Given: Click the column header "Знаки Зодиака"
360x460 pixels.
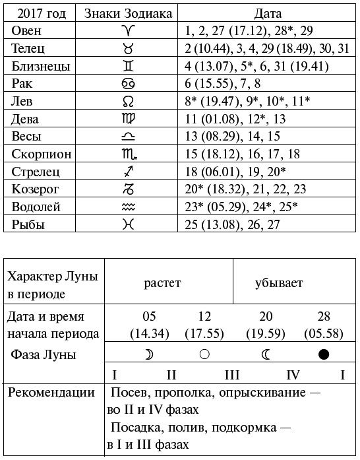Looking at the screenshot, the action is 126,13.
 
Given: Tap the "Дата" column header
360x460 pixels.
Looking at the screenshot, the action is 268,13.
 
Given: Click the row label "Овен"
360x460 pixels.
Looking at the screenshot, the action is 26,31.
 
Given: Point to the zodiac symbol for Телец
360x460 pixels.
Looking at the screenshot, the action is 126,49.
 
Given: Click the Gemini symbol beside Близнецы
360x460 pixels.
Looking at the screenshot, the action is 126,66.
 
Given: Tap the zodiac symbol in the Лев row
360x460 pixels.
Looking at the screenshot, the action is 126,102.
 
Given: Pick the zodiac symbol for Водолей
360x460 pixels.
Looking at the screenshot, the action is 126,207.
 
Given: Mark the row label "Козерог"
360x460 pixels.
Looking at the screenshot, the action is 37,189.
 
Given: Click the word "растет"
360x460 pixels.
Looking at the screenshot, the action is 163,284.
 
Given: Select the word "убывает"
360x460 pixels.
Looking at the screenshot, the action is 279,284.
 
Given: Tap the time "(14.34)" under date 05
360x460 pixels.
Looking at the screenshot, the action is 149,333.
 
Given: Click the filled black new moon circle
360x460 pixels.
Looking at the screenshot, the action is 323,354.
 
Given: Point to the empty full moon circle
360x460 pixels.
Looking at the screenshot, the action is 204,354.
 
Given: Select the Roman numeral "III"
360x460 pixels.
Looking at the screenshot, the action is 231,376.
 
